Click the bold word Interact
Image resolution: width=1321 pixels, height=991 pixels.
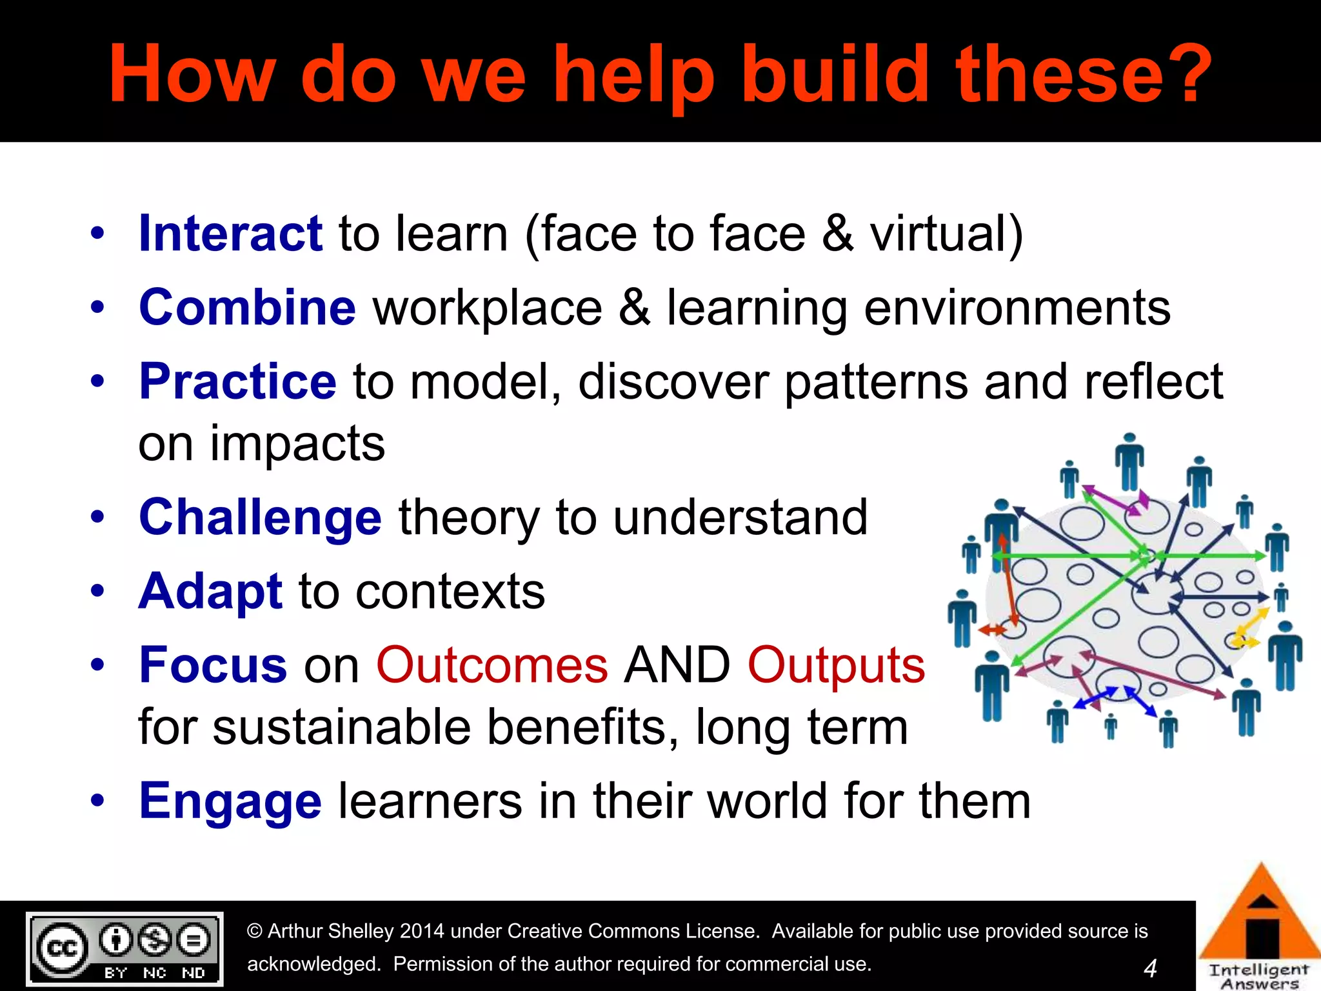230,234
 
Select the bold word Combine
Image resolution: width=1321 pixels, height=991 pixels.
247,308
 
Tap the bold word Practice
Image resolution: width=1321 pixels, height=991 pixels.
237,381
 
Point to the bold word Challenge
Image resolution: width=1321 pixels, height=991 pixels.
261,518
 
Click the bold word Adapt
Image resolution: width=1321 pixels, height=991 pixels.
210,592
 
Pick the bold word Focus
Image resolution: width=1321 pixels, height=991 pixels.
213,665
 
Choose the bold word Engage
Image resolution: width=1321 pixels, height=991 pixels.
230,801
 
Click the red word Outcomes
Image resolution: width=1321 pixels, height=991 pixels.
492,665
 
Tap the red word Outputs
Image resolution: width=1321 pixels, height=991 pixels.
836,665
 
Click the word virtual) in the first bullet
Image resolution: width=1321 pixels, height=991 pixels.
946,234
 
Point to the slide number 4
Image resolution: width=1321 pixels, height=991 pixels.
1150,968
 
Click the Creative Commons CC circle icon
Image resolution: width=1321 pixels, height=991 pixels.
62,948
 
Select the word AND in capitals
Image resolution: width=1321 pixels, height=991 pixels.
677,665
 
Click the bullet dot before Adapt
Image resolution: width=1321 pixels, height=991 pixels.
97,590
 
